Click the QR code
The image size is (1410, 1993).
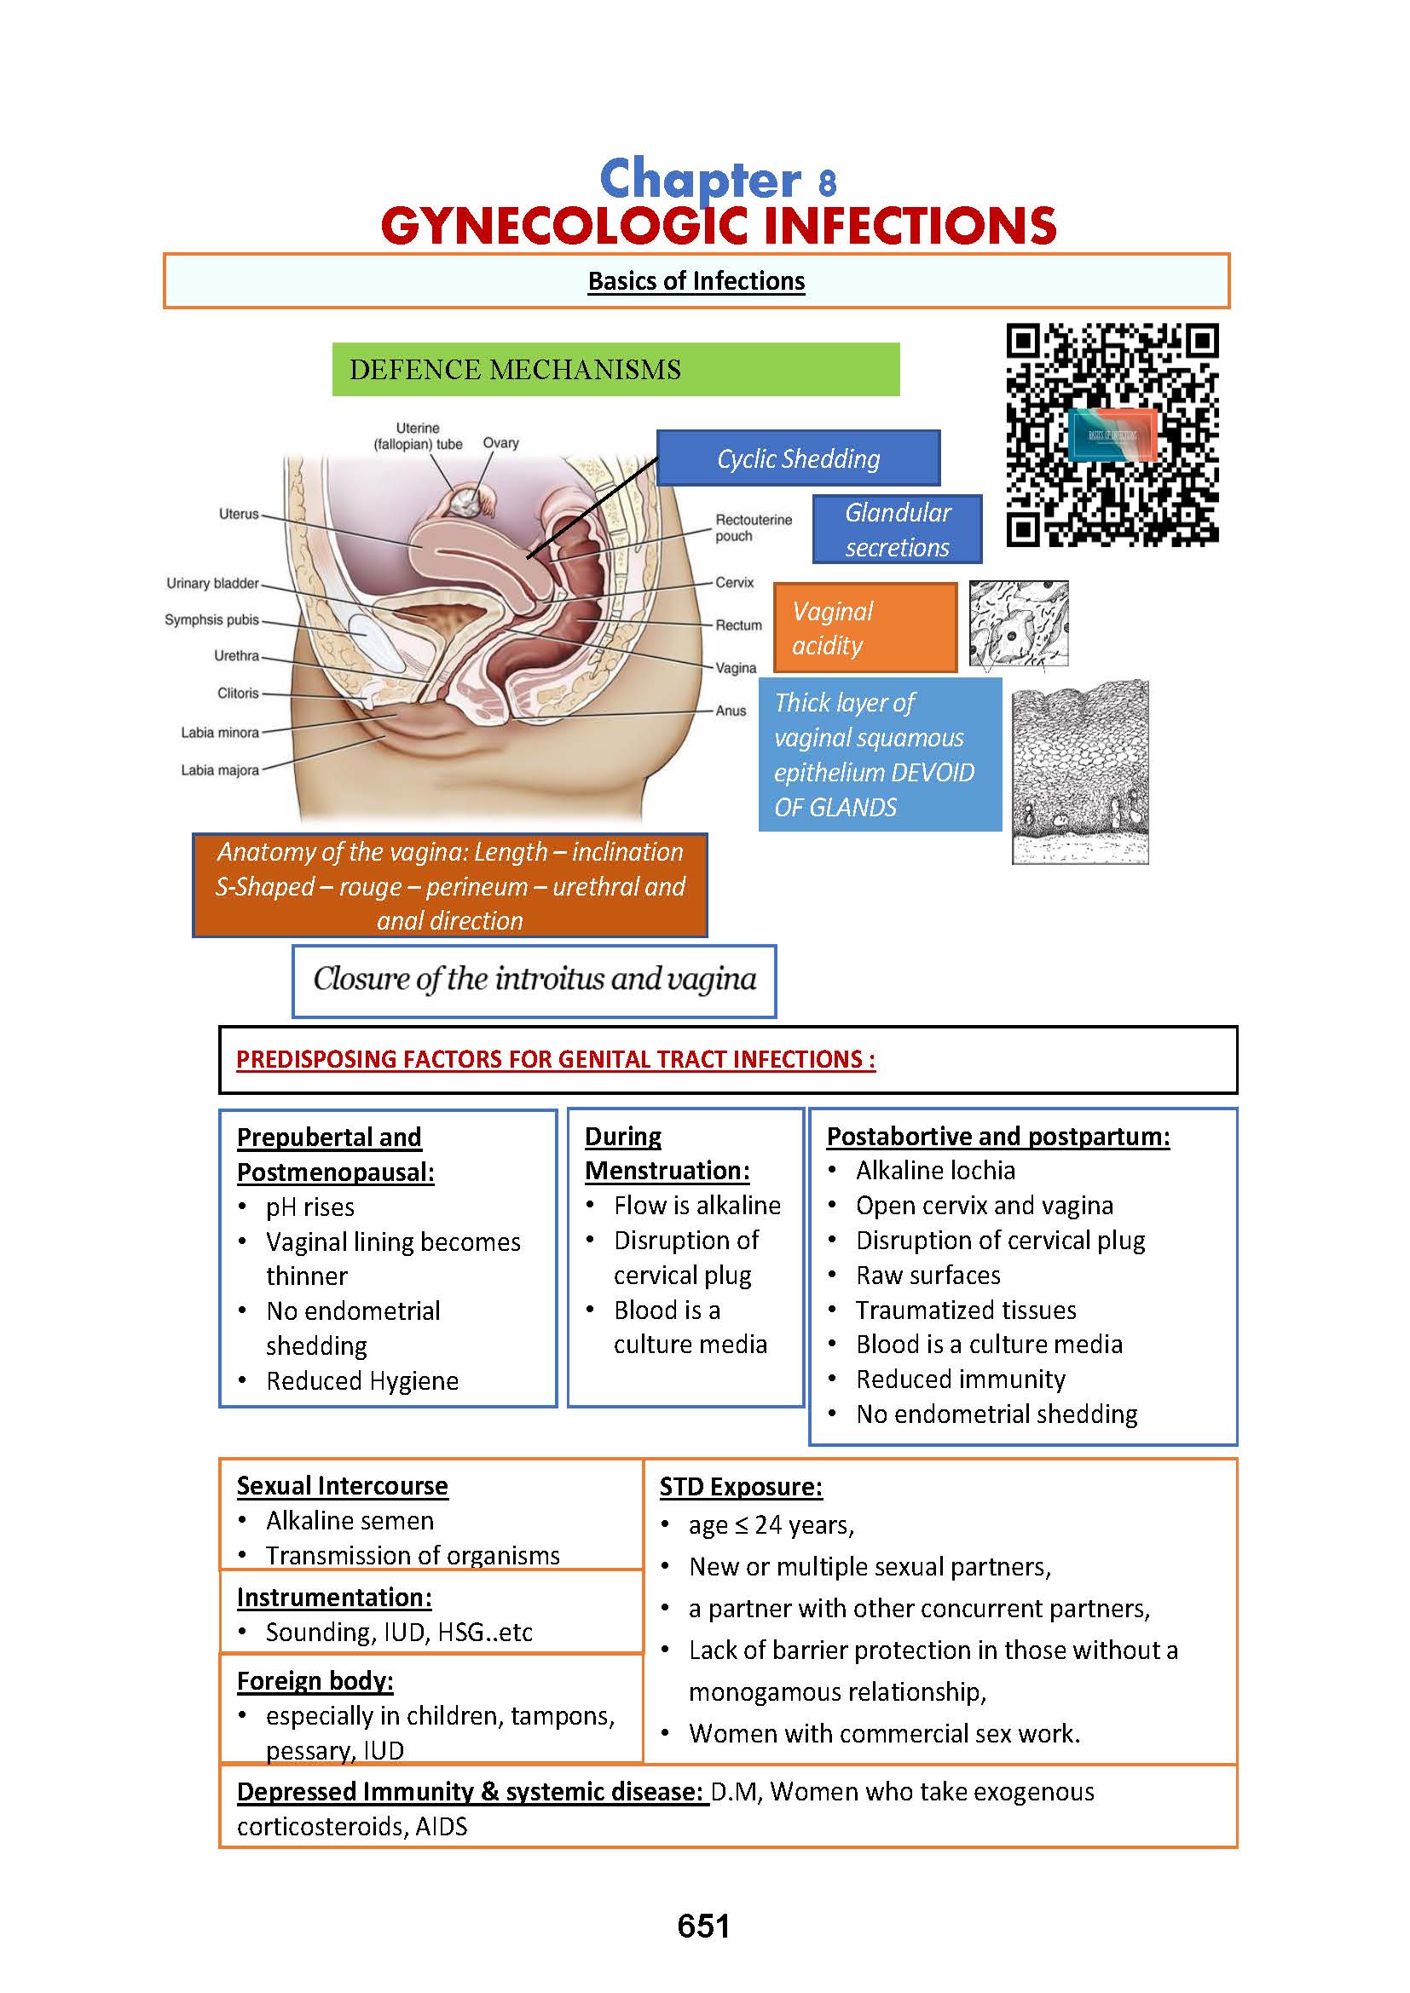coord(1112,435)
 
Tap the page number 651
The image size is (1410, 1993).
coord(703,1926)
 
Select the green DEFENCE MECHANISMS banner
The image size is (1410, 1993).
coord(615,370)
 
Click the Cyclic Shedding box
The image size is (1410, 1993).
coord(798,458)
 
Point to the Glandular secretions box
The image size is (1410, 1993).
coord(897,529)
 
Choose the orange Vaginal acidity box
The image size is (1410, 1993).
coord(864,628)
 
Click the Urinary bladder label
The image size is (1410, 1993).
coord(213,584)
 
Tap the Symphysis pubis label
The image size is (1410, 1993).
coord(212,619)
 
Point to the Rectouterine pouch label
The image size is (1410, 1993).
coord(753,527)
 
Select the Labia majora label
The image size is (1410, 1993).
coord(220,770)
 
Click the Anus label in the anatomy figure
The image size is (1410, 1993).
coord(731,710)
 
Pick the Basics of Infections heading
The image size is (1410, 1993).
coord(696,281)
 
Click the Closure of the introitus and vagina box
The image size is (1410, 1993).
coord(534,980)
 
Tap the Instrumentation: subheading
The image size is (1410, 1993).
coord(334,1597)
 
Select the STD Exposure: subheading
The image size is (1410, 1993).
coord(741,1487)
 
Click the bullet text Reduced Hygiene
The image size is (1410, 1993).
coord(362,1380)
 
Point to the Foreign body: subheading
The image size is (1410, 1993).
coord(315,1680)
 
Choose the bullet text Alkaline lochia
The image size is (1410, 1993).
coord(935,1170)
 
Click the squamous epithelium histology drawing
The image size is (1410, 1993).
coord(1080,772)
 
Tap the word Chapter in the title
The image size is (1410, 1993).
coord(700,180)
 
